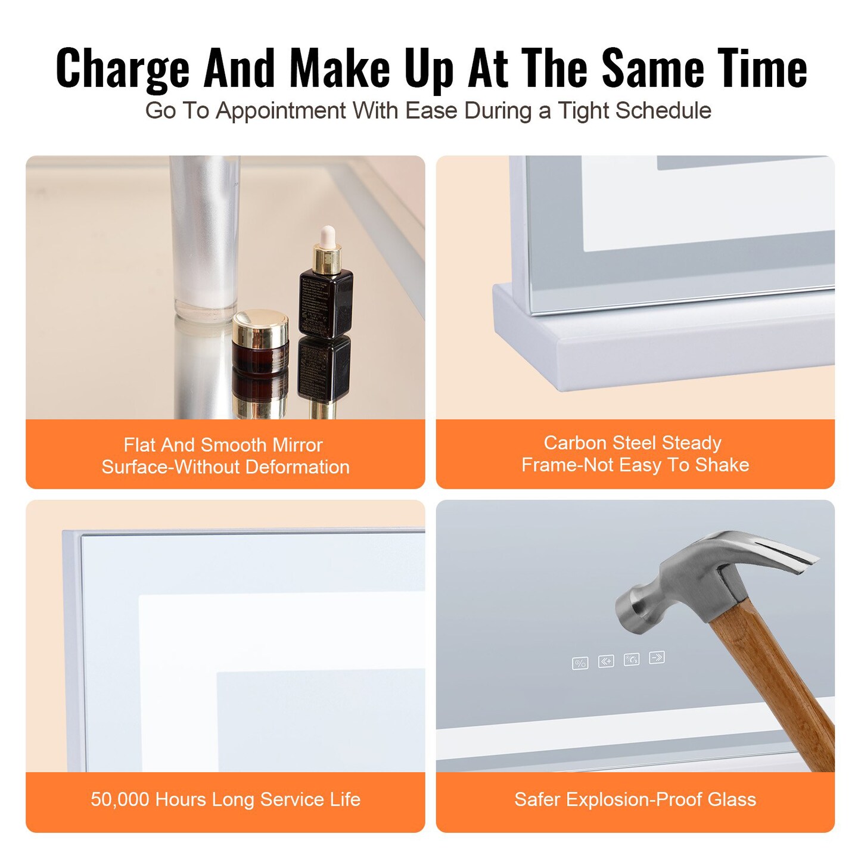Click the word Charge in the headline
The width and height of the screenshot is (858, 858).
point(122,69)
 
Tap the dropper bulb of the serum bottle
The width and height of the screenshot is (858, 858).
point(327,235)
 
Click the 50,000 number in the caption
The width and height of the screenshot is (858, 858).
point(120,799)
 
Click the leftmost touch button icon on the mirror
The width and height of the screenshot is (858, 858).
point(580,663)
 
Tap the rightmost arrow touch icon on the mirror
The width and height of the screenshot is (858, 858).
point(657,657)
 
